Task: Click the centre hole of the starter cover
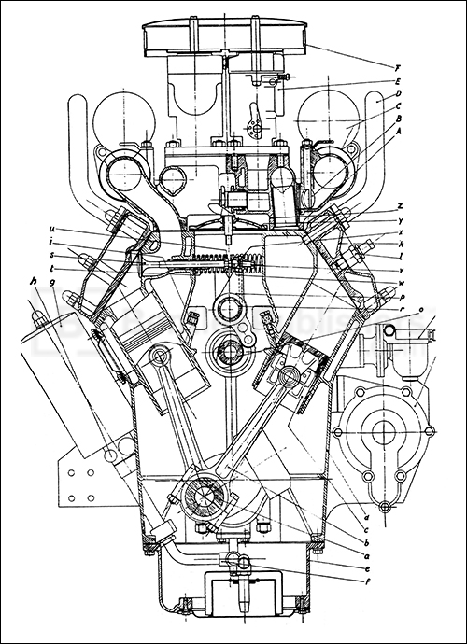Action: (385, 431)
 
